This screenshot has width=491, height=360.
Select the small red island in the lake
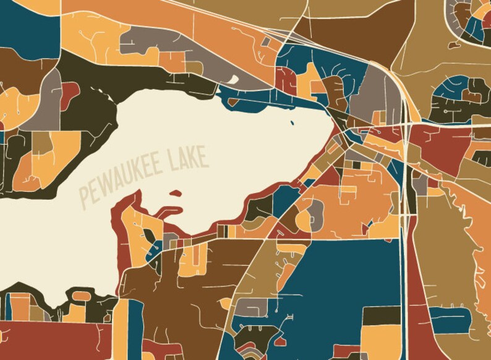click(176, 194)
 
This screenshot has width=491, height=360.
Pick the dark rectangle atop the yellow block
click(381, 315)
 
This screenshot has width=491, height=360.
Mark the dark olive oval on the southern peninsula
click(149, 238)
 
